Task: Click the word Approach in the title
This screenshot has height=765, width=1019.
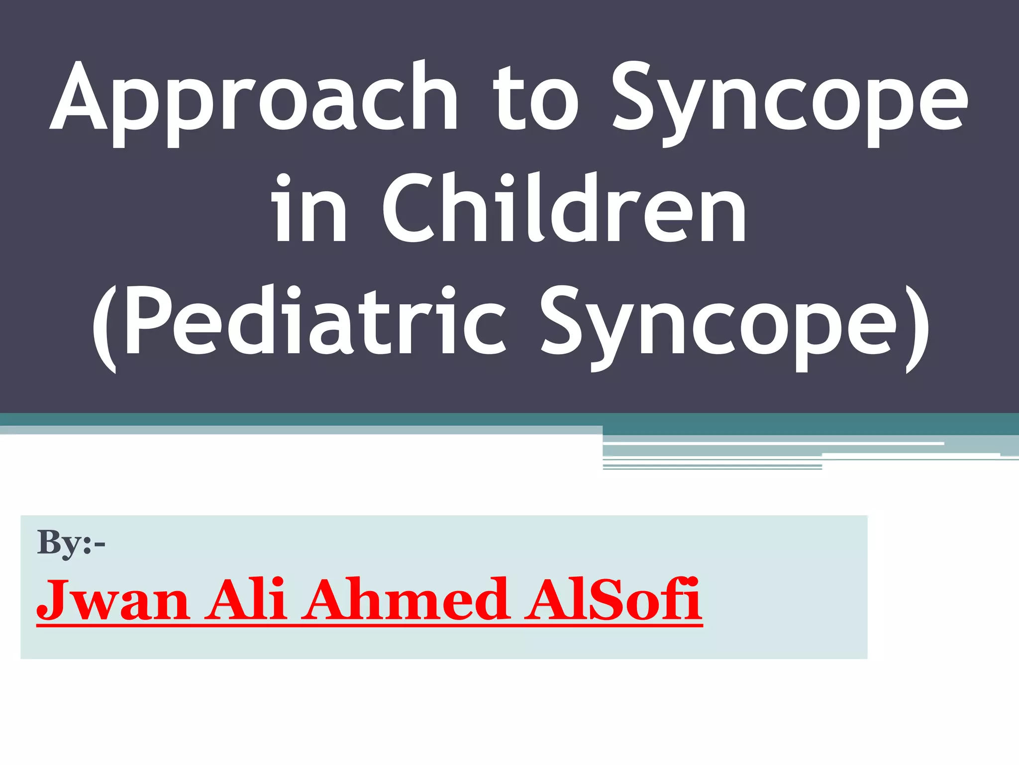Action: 254,100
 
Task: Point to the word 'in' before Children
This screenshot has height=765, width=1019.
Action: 308,209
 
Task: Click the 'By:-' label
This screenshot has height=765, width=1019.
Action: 71,543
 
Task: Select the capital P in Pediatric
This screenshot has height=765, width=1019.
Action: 146,321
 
